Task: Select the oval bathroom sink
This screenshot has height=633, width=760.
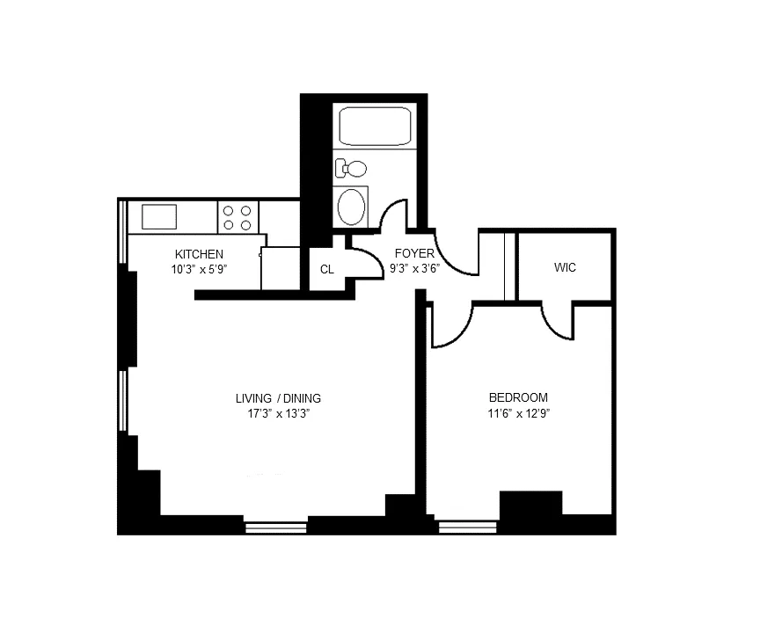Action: tap(354, 207)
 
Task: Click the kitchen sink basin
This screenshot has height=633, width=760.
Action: tap(158, 216)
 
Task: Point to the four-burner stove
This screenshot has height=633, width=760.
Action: tap(237, 217)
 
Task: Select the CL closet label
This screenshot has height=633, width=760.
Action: tap(326, 269)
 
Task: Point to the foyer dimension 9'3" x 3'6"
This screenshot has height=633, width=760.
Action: tap(414, 269)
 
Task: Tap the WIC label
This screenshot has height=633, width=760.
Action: tap(565, 267)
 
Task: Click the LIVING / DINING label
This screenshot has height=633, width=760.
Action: tap(277, 397)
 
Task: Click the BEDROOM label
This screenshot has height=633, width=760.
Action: tap(518, 397)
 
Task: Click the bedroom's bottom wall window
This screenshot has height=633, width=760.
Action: tap(467, 527)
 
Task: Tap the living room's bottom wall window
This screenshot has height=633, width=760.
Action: tap(275, 527)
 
